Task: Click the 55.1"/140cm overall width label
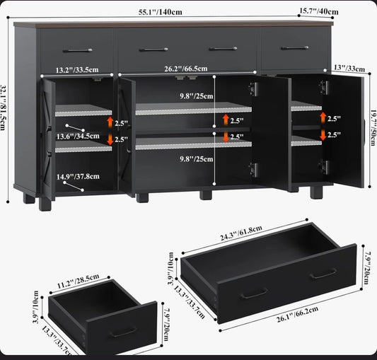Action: (x=160, y=12)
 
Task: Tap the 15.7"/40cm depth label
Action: (x=319, y=11)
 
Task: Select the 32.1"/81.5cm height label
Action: (x=3, y=108)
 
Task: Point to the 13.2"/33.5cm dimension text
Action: (x=77, y=70)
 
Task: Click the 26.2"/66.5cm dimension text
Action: (x=186, y=69)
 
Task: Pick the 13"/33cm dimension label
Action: (x=349, y=69)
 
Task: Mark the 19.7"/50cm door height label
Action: (x=373, y=127)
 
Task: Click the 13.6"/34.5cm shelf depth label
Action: (x=78, y=137)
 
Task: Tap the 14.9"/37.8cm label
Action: (x=78, y=177)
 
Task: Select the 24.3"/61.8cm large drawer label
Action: (x=241, y=233)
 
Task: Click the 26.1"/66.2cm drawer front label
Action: (x=298, y=314)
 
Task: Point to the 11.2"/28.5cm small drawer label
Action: (x=78, y=281)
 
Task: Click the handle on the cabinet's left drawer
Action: (x=77, y=50)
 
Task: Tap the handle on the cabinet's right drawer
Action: (x=295, y=48)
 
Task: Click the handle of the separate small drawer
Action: (x=124, y=332)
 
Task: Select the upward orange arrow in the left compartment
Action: (x=110, y=122)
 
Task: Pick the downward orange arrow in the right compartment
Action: (x=323, y=135)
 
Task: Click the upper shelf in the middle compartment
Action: (x=194, y=109)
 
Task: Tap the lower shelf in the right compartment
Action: (x=306, y=141)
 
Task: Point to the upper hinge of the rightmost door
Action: (x=324, y=87)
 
